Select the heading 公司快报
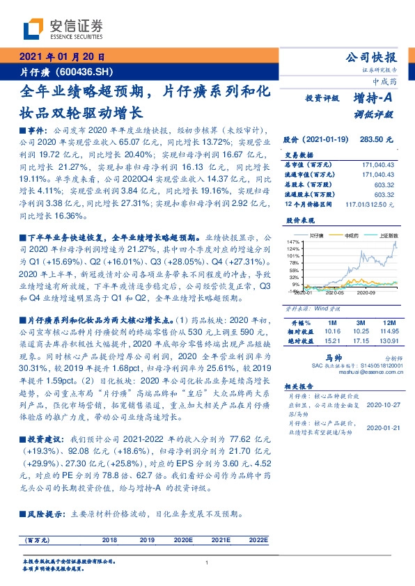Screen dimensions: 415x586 coord(376,58)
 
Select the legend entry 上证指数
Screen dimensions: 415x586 coord(386,236)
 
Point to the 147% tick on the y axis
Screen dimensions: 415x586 coord(292,241)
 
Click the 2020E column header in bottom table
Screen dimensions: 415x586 coord(183,539)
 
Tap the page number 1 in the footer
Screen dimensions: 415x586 coord(207,564)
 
